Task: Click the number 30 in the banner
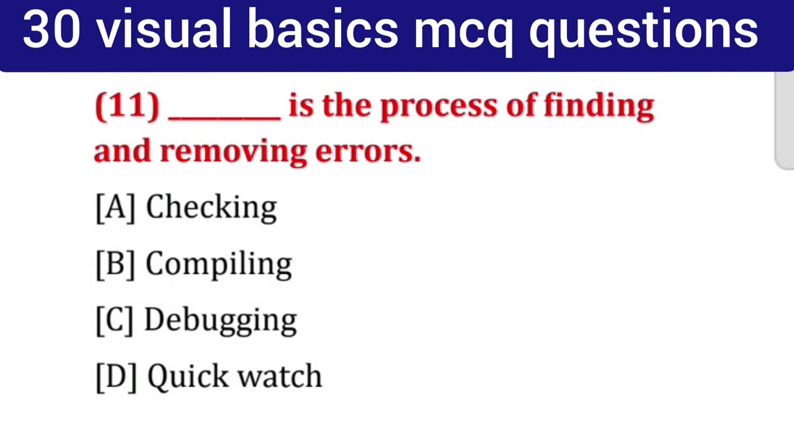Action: coord(51,30)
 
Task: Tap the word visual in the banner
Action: coord(164,30)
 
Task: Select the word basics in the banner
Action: coord(323,30)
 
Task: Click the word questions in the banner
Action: coord(643,31)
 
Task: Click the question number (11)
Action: coord(127,106)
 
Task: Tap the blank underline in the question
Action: coord(224,116)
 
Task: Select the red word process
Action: coord(439,107)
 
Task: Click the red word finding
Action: coord(599,106)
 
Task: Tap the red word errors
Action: coord(368,151)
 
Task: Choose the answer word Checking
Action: coord(211,207)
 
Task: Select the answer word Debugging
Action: coord(220,321)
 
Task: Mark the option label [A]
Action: coord(115,207)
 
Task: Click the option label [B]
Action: coord(115,264)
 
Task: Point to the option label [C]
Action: coord(115,320)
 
